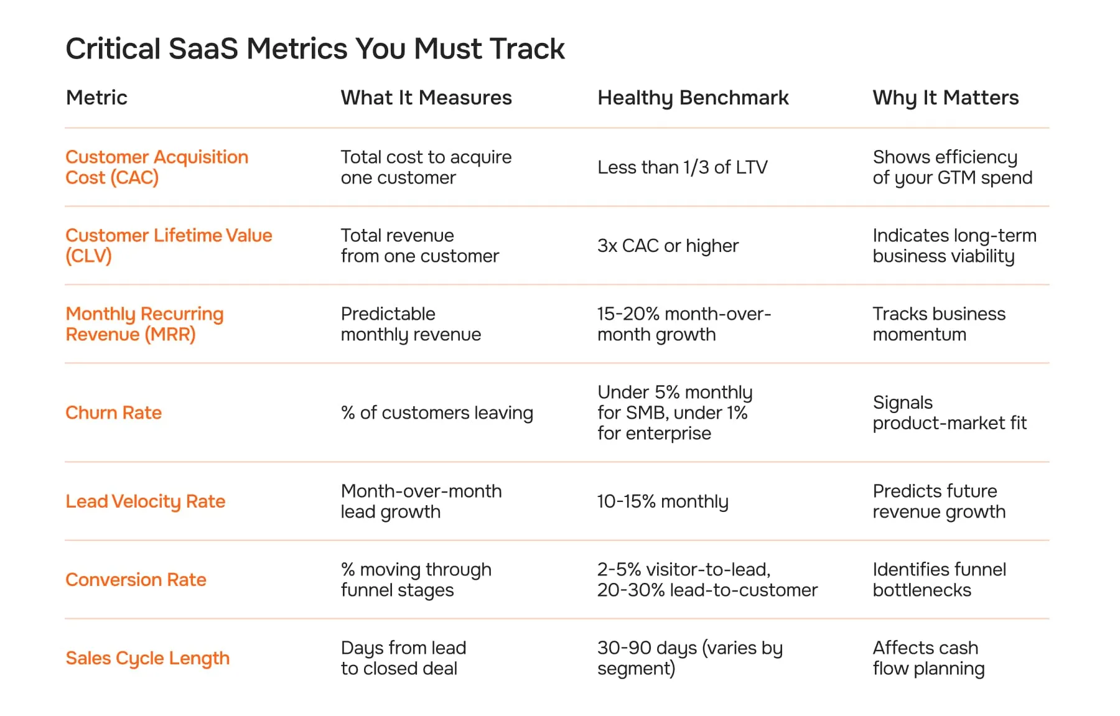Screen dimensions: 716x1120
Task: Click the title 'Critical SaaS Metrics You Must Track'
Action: coord(315,49)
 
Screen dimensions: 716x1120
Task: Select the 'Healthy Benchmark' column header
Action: coord(693,98)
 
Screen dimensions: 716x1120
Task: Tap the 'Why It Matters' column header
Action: coord(945,98)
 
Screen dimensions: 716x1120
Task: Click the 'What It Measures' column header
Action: coord(426,98)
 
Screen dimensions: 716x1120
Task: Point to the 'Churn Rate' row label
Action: coord(113,412)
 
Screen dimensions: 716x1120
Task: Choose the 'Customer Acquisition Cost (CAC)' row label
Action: coord(156,167)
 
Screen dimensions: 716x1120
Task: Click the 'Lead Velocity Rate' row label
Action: coord(145,501)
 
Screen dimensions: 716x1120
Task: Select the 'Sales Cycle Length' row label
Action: coord(147,658)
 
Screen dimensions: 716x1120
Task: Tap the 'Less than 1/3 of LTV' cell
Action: coord(682,167)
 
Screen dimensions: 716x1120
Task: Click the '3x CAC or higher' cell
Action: coord(668,246)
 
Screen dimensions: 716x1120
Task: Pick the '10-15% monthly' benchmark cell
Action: coord(662,501)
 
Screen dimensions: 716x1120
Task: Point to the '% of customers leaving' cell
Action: coord(437,412)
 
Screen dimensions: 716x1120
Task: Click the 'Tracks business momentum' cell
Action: coord(938,324)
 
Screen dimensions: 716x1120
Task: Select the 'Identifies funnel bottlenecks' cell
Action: coord(938,580)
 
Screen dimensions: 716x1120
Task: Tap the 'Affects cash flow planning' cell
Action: coord(928,658)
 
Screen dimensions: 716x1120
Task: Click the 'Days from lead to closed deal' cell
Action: coord(403,658)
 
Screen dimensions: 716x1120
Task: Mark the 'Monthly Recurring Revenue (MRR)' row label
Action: coord(144,324)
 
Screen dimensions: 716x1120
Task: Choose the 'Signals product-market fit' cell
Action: coord(949,412)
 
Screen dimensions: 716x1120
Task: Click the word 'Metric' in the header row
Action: coord(96,98)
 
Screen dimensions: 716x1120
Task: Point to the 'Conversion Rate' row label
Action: coord(136,580)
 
